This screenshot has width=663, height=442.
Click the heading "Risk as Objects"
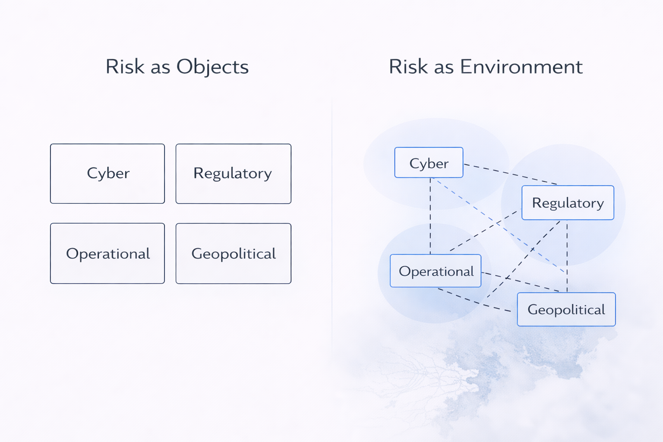tap(177, 67)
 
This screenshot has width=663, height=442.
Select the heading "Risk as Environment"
tap(486, 67)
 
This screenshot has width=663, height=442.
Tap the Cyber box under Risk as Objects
tap(107, 174)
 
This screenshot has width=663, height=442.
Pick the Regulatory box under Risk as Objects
tap(233, 174)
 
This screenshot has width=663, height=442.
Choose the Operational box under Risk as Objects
tap(107, 253)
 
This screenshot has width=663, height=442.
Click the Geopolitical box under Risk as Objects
tap(233, 253)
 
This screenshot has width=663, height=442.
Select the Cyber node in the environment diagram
tap(429, 163)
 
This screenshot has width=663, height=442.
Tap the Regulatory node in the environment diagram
tap(568, 203)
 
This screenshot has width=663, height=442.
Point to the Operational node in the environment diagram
tap(436, 271)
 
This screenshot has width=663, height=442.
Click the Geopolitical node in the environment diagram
tap(566, 309)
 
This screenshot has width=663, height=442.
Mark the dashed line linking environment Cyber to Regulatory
tap(509, 174)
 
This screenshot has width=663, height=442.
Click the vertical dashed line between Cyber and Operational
tap(430, 216)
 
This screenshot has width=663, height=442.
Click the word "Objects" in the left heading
tap(212, 67)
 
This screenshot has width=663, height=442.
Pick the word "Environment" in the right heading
tap(521, 67)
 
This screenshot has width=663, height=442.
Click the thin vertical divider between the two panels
tap(332, 216)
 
